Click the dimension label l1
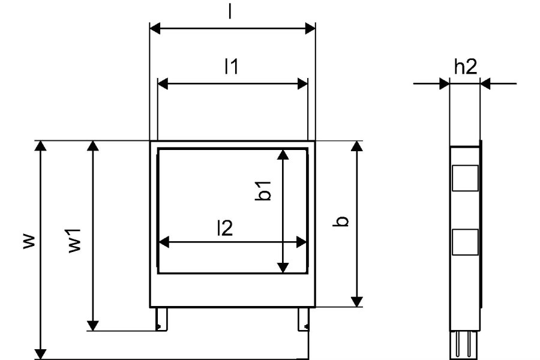click(x=232, y=67)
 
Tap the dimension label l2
click(x=225, y=228)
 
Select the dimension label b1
click(x=263, y=191)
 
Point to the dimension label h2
click(x=465, y=67)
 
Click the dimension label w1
click(x=74, y=241)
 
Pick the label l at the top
click(x=230, y=12)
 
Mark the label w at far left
click(x=29, y=241)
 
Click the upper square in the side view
click(x=465, y=178)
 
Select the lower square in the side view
click(x=465, y=242)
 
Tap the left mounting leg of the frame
click(x=161, y=319)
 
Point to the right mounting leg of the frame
click(x=304, y=319)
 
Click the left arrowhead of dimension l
click(x=155, y=29)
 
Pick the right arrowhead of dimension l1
click(x=302, y=84)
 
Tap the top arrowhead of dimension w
click(x=41, y=145)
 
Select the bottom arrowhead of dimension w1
click(x=92, y=326)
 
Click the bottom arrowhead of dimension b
click(x=357, y=302)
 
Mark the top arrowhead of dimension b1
click(x=283, y=154)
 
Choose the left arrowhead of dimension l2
click(x=164, y=242)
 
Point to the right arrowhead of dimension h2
click(x=485, y=83)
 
